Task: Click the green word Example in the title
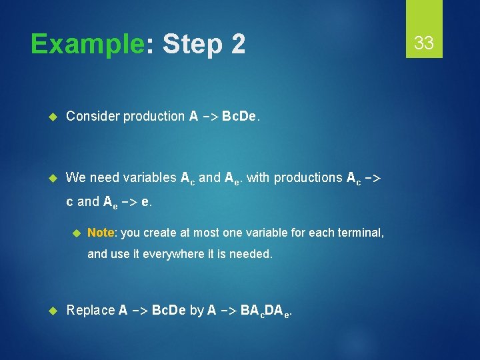pyautogui.click(x=87, y=45)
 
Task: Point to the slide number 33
pyautogui.click(x=424, y=43)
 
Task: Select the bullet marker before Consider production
pyautogui.click(x=55, y=117)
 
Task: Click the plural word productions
pyautogui.click(x=309, y=177)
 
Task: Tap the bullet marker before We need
pyautogui.click(x=55, y=178)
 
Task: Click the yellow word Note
pyautogui.click(x=101, y=232)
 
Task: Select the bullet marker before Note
pyautogui.click(x=76, y=233)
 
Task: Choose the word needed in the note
pyautogui.click(x=251, y=253)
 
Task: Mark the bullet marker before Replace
pyautogui.click(x=55, y=310)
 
